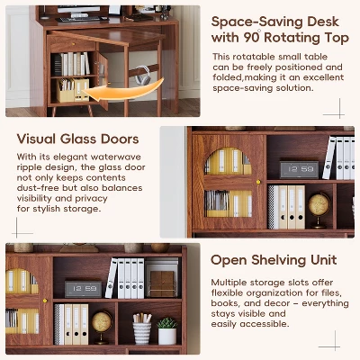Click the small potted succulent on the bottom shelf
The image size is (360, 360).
pyautogui.click(x=167, y=328)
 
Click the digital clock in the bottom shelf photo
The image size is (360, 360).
pyautogui.click(x=83, y=289)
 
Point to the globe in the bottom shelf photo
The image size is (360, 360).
pyautogui.click(x=103, y=321)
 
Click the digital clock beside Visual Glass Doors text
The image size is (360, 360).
pyautogui.click(x=298, y=169)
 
